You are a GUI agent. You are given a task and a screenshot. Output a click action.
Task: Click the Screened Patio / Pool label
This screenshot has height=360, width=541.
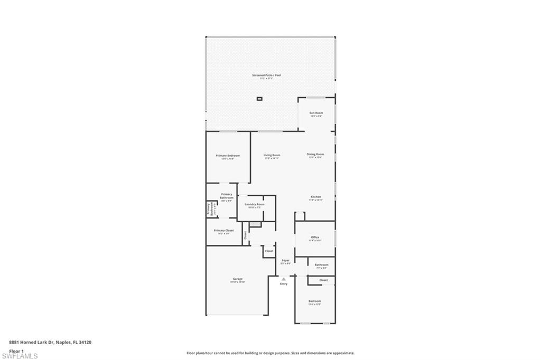point(266,75)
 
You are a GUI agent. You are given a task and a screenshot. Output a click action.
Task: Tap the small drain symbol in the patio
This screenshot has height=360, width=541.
point(259,99)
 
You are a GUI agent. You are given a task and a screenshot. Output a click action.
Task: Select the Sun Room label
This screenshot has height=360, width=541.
point(316,113)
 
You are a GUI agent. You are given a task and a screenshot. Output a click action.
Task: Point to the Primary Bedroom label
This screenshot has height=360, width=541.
point(228,156)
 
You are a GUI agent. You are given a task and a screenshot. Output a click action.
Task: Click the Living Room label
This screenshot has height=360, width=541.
point(272,155)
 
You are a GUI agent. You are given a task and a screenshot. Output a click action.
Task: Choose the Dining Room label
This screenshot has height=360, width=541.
point(315,155)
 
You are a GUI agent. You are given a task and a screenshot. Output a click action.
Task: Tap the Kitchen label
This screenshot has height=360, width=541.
point(315,197)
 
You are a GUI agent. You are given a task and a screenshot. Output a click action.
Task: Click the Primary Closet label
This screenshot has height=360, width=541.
point(223,231)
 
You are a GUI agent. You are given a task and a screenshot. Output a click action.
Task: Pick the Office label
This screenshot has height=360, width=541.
point(315,238)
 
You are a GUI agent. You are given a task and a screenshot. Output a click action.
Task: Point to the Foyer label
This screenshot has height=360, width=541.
point(285,260)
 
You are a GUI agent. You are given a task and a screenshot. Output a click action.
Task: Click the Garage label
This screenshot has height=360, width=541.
point(238,279)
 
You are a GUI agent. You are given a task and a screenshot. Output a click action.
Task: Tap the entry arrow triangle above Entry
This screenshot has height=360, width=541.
point(284,279)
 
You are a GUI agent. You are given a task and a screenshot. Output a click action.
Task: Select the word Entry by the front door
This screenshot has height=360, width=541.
point(284,284)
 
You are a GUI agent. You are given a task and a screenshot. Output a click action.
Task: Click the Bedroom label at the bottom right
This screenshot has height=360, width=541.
point(314,301)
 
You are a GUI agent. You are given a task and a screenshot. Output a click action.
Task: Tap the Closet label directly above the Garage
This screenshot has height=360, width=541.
point(269,251)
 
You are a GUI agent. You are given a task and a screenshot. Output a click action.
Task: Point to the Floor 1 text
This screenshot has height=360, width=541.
point(16,350)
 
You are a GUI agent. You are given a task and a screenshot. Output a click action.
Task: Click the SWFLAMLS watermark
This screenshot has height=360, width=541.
point(20,356)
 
